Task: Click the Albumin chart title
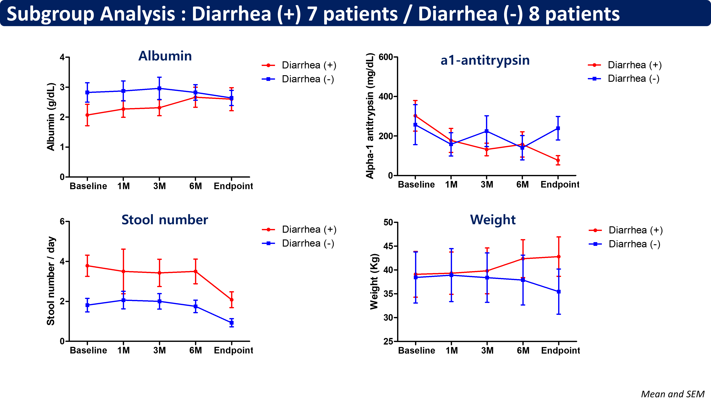[165, 56]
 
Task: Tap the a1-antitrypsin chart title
[485, 60]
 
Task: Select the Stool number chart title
[165, 220]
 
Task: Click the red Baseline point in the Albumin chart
[87, 115]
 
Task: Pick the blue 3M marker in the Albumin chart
[159, 88]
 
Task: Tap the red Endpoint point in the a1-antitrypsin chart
[558, 160]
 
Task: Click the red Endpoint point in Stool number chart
[232, 300]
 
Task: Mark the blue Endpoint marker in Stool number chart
[232, 323]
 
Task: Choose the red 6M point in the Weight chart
[523, 259]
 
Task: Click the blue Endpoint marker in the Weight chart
[559, 292]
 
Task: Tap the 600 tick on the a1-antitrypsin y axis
[386, 57]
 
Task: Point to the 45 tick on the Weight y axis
[388, 246]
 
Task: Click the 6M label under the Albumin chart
[195, 186]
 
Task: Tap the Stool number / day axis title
[51, 281]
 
